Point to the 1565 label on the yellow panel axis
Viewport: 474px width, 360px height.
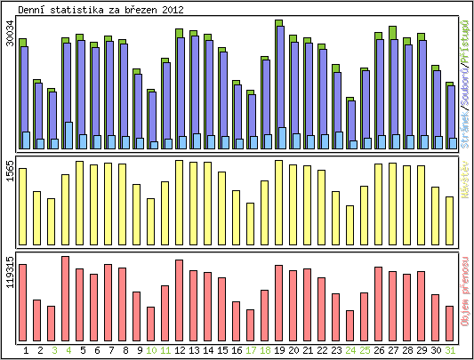tap(10, 170)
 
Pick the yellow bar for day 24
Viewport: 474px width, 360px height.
tap(350, 218)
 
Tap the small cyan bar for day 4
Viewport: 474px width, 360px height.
tap(68, 135)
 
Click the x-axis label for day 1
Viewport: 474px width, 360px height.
tap(26, 350)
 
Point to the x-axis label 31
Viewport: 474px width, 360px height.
tap(450, 350)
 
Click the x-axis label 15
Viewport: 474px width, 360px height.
tap(222, 350)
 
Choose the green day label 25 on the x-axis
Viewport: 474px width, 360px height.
tap(365, 350)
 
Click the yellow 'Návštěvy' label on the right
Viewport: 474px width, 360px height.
tap(464, 177)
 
